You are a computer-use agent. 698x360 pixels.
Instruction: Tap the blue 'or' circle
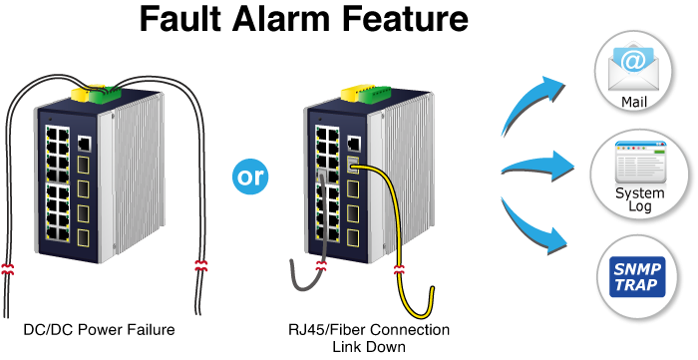click(250, 177)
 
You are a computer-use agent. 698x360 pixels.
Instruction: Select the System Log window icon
click(640, 163)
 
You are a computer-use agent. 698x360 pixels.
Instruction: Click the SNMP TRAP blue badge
click(637, 277)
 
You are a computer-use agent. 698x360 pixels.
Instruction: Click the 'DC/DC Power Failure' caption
click(99, 330)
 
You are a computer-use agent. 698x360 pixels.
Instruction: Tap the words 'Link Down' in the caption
click(369, 347)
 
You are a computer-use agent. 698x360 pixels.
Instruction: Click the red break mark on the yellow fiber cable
click(399, 269)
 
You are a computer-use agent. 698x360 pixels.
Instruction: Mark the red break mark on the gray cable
click(321, 266)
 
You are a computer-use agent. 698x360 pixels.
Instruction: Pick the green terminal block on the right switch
click(375, 95)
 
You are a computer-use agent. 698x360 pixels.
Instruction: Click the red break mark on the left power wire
click(7, 269)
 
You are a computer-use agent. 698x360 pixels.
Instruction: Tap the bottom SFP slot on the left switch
click(83, 238)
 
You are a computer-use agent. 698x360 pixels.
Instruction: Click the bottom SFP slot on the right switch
click(353, 237)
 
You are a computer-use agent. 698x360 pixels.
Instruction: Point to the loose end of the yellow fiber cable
click(432, 289)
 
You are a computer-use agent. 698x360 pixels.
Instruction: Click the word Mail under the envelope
click(634, 102)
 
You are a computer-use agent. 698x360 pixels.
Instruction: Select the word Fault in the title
click(180, 19)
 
